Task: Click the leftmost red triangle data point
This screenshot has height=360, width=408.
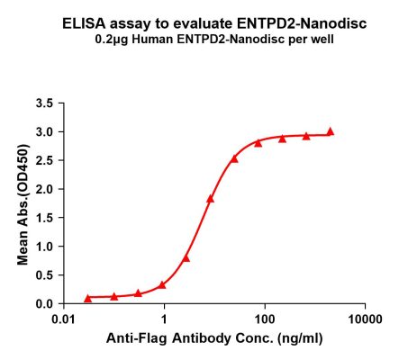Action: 87,297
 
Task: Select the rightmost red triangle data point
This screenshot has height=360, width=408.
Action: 330,131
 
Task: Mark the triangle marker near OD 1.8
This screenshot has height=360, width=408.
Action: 210,199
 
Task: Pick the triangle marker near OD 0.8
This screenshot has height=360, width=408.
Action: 186,257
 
